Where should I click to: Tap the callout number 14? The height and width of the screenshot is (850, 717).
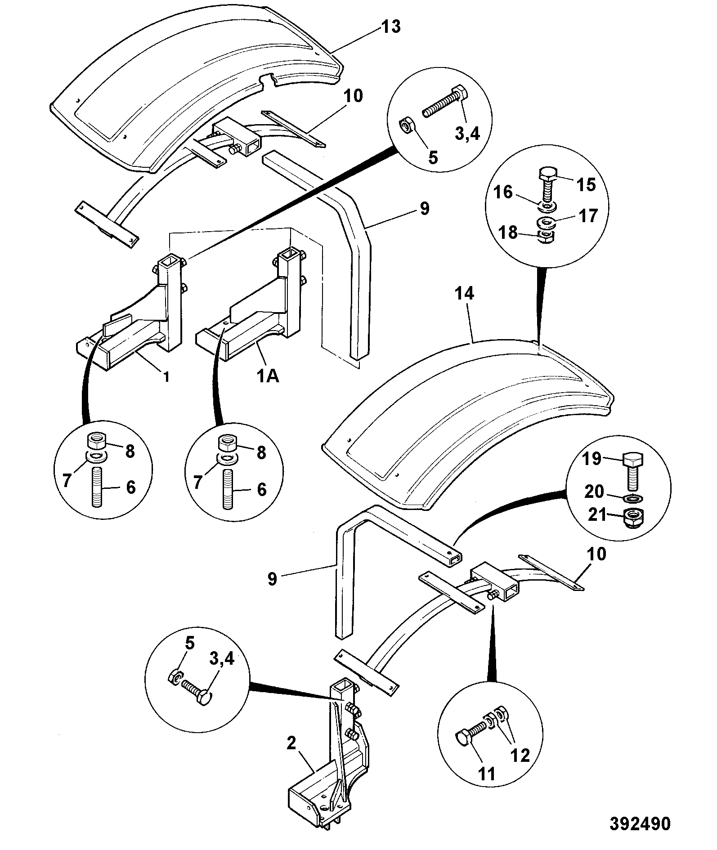tap(464, 294)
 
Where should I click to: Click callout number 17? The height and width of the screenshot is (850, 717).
tap(587, 216)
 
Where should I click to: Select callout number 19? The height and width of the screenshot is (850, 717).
tap(592, 459)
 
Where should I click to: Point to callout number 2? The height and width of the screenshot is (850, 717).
tap(291, 743)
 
